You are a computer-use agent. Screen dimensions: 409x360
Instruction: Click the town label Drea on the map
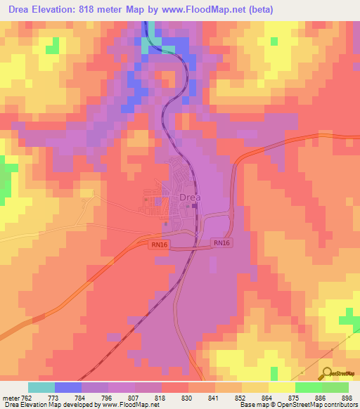(190, 197)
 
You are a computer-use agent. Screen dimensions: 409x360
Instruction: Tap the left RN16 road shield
(159, 245)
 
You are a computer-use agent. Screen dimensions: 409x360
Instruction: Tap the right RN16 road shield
(221, 242)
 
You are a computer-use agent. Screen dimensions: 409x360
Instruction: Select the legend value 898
(346, 398)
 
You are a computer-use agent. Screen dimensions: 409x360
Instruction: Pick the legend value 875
(293, 398)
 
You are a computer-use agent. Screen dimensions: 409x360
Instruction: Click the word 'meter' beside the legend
(11, 398)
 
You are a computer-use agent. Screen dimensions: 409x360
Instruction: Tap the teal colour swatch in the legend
(41, 387)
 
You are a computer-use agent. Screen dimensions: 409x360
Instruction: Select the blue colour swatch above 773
(68, 387)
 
